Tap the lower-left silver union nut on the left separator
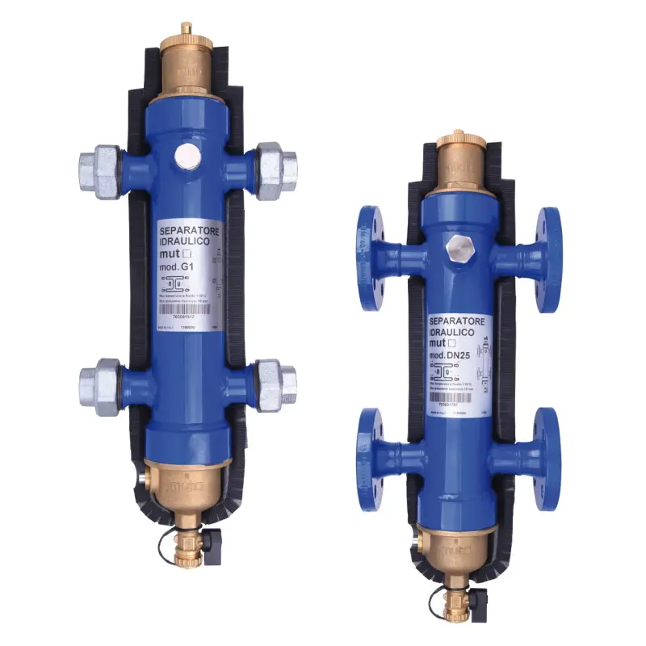click(100, 387)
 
